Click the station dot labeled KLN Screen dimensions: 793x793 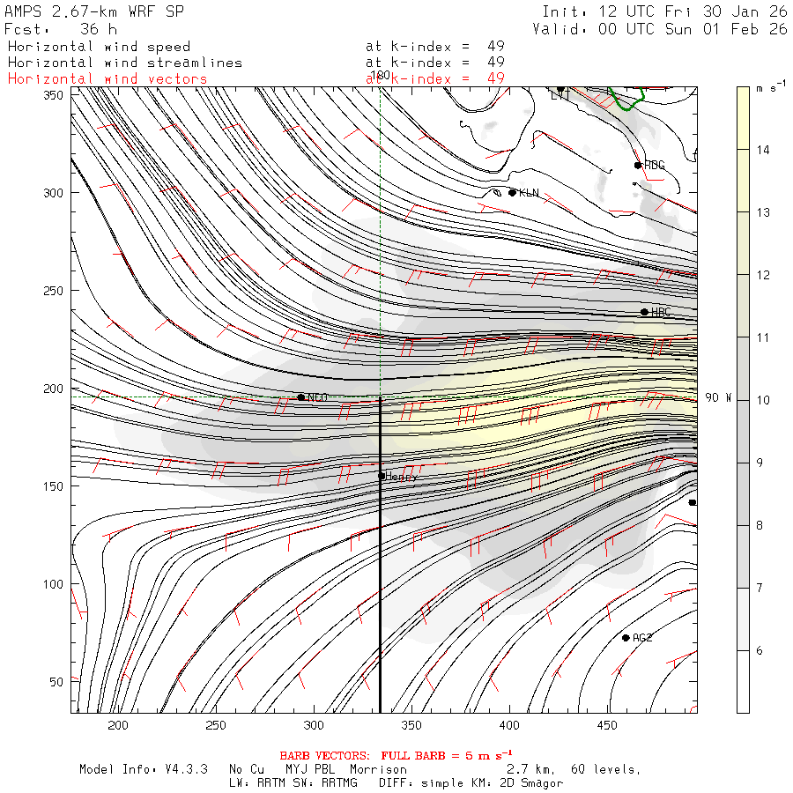512,192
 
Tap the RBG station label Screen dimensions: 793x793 654,165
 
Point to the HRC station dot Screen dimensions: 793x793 644,312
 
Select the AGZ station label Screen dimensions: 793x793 642,637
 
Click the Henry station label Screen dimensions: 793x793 402,476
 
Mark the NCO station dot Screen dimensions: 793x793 301,397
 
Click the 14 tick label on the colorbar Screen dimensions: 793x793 764,150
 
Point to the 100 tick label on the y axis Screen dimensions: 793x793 56,584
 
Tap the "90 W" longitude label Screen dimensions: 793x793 718,398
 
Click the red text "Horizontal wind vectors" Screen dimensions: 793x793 107,78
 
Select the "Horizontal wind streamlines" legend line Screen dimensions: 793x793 124,63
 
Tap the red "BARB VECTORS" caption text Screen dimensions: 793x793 328,755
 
